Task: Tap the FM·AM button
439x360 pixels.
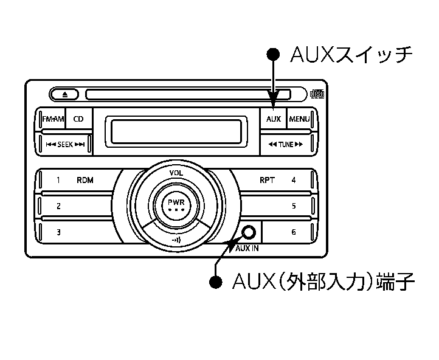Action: coord(53,119)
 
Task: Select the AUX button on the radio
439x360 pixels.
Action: coord(273,119)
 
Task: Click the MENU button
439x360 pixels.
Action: coord(299,119)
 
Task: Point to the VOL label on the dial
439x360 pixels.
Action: coord(176,173)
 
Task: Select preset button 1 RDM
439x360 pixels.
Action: coord(76,181)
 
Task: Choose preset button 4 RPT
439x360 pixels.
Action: coord(277,181)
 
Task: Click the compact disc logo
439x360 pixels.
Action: coord(317,94)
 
